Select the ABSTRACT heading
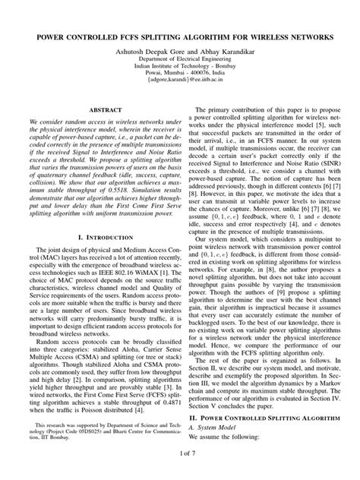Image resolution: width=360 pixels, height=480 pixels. pos(95,110)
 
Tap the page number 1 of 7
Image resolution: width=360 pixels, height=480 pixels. pos(180,472)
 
